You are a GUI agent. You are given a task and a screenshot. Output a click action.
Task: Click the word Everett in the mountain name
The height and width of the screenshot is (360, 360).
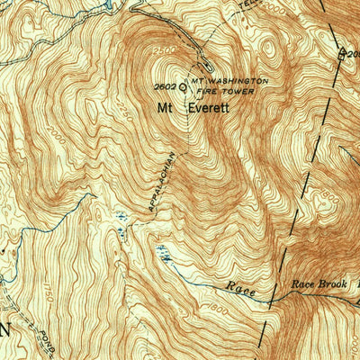pyautogui.click(x=209, y=107)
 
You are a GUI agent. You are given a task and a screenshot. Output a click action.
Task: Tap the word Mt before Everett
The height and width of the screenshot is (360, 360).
pyautogui.click(x=166, y=107)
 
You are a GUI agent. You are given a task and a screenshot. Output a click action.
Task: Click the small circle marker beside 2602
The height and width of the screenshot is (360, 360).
pyautogui.click(x=183, y=88)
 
